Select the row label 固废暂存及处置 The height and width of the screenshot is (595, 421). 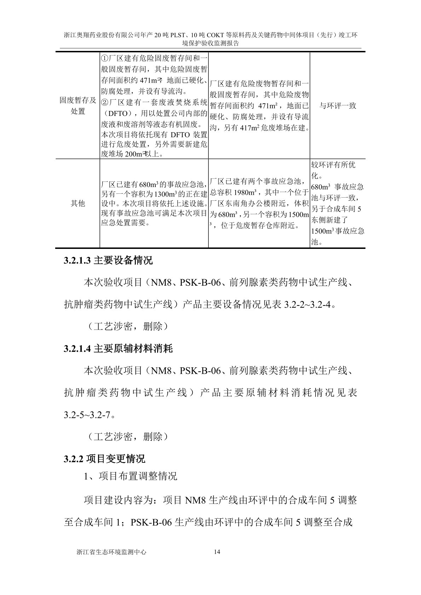coord(78,105)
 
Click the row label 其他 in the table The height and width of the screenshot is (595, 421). coord(78,203)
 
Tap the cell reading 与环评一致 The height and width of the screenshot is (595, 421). coord(338,106)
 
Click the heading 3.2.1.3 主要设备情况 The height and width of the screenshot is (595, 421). coord(108,261)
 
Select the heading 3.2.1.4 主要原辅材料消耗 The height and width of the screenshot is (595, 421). coord(118,349)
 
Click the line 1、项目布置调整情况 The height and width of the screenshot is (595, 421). coord(130,476)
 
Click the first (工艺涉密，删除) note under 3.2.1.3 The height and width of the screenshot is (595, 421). coord(125,326)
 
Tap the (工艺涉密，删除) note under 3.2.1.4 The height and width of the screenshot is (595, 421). coord(125,437)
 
